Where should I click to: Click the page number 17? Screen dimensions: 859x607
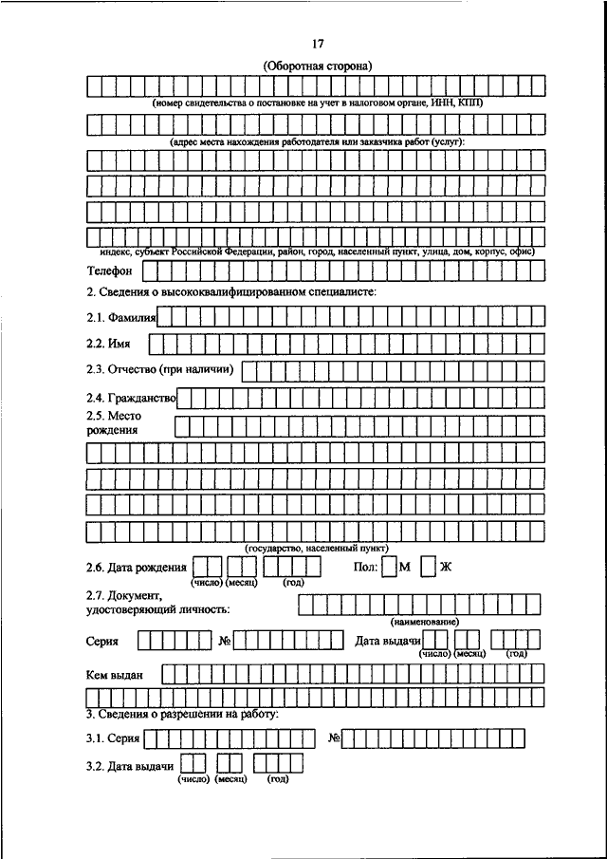[317, 44]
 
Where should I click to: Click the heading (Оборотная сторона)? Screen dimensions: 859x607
[317, 65]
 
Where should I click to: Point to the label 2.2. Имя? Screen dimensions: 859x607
[107, 343]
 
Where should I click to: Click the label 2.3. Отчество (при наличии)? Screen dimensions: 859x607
[159, 369]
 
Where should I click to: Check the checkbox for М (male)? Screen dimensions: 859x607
[390, 568]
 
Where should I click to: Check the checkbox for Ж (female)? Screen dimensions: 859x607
[429, 568]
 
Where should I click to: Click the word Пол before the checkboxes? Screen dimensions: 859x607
[363, 568]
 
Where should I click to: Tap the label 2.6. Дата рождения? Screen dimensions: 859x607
[136, 568]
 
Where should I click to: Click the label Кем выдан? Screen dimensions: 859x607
[114, 674]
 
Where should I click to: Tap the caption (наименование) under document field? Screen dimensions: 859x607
[424, 621]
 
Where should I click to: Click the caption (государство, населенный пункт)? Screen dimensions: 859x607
[303, 549]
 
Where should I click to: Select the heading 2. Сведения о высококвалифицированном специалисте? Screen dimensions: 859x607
[230, 291]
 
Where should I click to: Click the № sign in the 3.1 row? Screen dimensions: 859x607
[334, 738]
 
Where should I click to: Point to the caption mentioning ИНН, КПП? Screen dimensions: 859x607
[317, 102]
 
